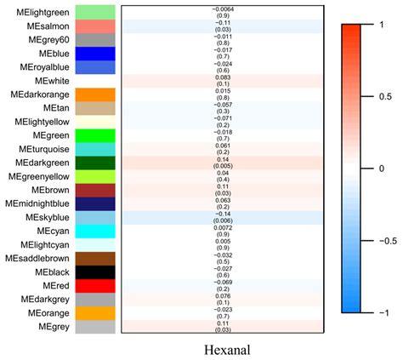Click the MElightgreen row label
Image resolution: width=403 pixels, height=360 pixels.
click(x=39, y=12)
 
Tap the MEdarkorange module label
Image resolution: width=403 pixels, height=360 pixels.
click(x=40, y=94)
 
